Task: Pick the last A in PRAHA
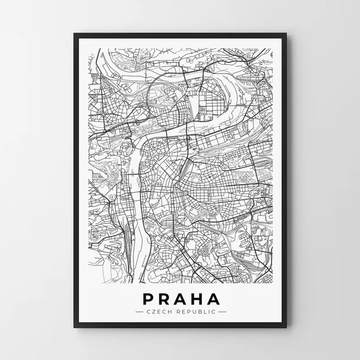tap(213, 299)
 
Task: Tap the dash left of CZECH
tap(139, 311)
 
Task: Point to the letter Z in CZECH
tap(152, 311)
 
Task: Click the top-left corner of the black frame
tap(74, 34)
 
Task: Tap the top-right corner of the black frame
tap(286, 34)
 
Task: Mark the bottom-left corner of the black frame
tap(74, 328)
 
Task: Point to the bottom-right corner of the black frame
tap(286, 328)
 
